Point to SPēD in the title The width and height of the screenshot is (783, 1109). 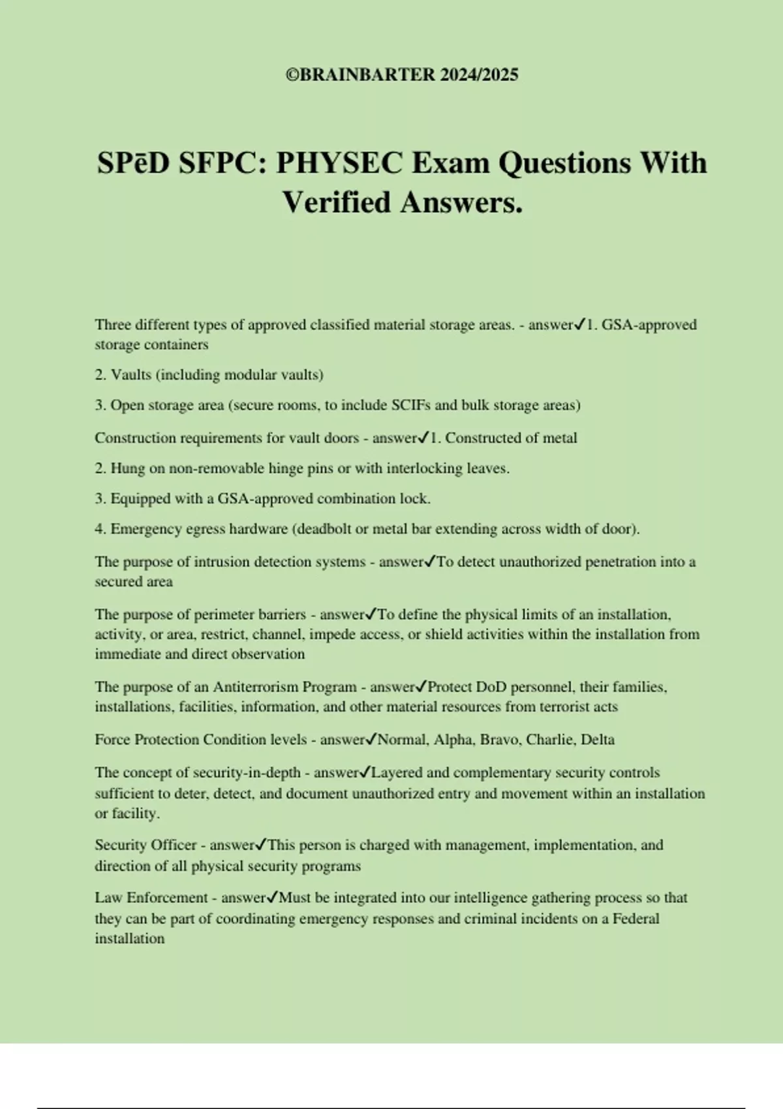[x=133, y=163]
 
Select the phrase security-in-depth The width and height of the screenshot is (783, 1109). [x=247, y=773]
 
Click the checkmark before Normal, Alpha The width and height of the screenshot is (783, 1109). [x=371, y=739]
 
